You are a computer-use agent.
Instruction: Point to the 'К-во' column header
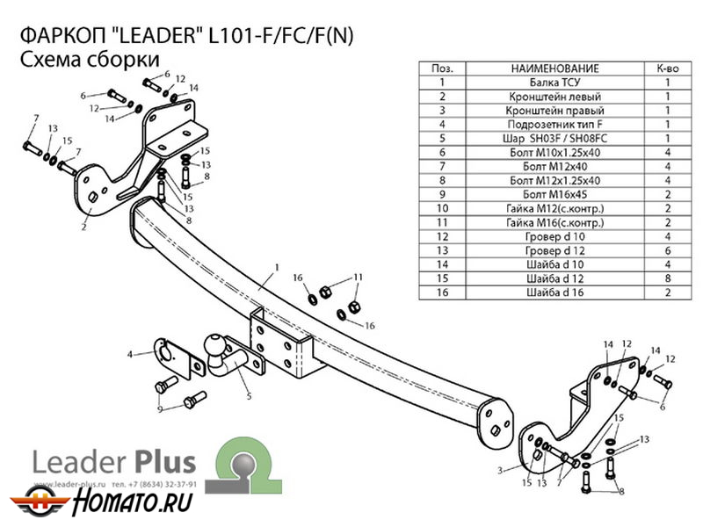pyautogui.click(x=668, y=68)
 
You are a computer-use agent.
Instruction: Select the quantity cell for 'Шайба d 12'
pyautogui.click(x=668, y=278)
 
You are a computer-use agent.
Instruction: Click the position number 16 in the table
pyautogui.click(x=441, y=292)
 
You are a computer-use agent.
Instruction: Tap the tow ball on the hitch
pyautogui.click(x=217, y=344)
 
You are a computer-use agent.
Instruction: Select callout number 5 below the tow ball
pyautogui.click(x=250, y=396)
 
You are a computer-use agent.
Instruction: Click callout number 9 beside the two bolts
pyautogui.click(x=159, y=409)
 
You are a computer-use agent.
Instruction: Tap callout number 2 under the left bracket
pyautogui.click(x=84, y=227)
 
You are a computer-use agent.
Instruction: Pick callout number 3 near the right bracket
pyautogui.click(x=500, y=471)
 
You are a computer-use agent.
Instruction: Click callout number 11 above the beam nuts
pyautogui.click(x=358, y=277)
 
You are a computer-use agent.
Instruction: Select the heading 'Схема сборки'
pyautogui.click(x=88, y=60)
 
